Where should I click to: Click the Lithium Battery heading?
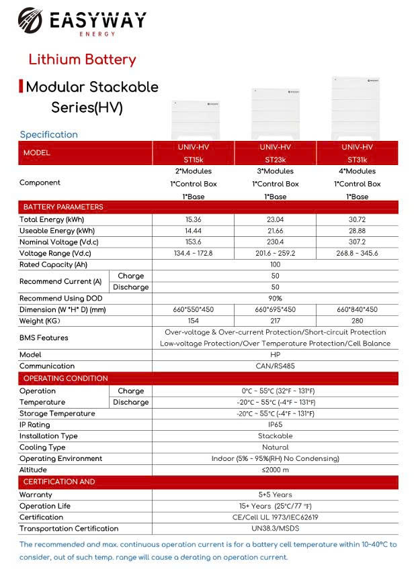(x=82, y=60)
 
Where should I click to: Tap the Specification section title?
(x=48, y=134)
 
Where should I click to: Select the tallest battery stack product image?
(x=356, y=107)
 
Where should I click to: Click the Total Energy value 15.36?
(x=193, y=219)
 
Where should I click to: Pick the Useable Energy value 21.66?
(x=275, y=231)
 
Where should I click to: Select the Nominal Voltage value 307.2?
(x=357, y=242)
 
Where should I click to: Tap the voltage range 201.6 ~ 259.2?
(x=275, y=254)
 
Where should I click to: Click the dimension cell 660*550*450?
(x=193, y=310)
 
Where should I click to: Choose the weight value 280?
(x=357, y=321)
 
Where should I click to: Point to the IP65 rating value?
(x=275, y=425)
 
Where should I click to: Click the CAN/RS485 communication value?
(x=275, y=366)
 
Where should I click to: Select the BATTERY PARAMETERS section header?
(x=63, y=207)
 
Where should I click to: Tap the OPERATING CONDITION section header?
(x=65, y=378)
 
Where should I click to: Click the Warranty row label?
(x=36, y=495)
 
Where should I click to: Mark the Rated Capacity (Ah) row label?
(x=54, y=265)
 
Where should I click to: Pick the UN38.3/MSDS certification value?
(x=275, y=529)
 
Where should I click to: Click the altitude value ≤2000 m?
(x=275, y=470)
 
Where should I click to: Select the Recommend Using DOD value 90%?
(x=275, y=299)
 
